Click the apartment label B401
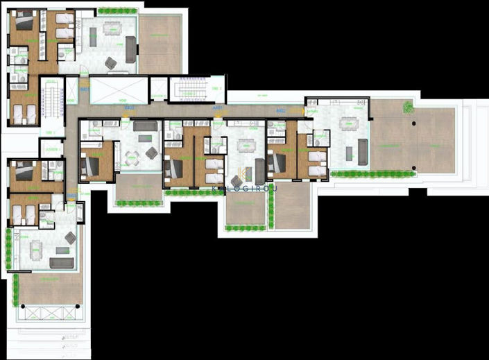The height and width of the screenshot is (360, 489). (84, 89)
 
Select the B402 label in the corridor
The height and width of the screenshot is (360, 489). (129, 109)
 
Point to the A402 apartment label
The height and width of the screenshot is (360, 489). (281, 110)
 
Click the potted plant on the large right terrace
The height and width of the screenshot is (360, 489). (409, 107)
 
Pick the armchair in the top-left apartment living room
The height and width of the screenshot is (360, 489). (111, 63)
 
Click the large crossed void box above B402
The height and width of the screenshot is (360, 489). (119, 90)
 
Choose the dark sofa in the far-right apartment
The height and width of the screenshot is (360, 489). (363, 152)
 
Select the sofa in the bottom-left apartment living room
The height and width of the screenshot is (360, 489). (62, 263)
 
